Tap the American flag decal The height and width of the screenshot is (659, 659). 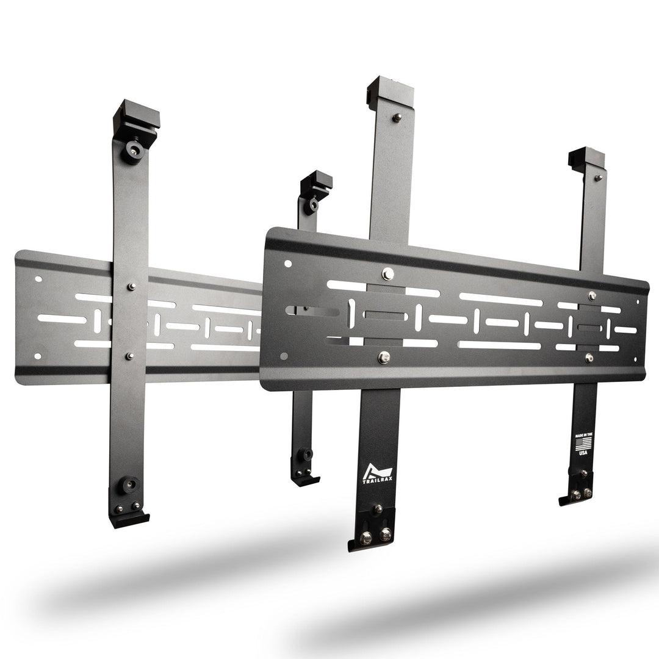click(x=584, y=442)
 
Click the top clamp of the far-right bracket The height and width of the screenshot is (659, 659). click(x=586, y=157)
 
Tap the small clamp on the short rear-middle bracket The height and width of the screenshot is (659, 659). click(x=317, y=182)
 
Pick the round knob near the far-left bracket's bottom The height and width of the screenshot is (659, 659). click(x=128, y=486)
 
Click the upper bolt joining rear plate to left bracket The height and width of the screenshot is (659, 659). click(x=131, y=286)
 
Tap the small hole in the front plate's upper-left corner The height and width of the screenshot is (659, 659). click(x=288, y=264)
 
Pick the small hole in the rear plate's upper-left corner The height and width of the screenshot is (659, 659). click(x=38, y=279)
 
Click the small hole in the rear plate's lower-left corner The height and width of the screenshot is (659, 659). click(x=38, y=356)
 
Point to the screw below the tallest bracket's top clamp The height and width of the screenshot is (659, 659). click(x=397, y=117)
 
